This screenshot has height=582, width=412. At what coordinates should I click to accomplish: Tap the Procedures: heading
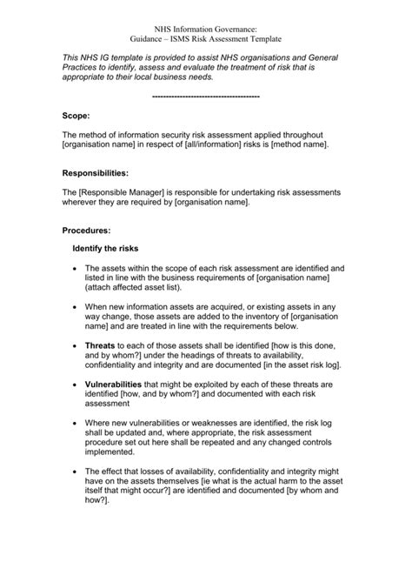point(86,231)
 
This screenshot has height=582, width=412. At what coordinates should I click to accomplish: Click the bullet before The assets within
point(76,269)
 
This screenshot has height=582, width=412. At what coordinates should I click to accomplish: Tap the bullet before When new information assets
point(76,307)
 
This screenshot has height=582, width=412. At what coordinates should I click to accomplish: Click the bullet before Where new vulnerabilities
point(76,422)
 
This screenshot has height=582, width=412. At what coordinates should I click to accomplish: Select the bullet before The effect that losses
point(76,471)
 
